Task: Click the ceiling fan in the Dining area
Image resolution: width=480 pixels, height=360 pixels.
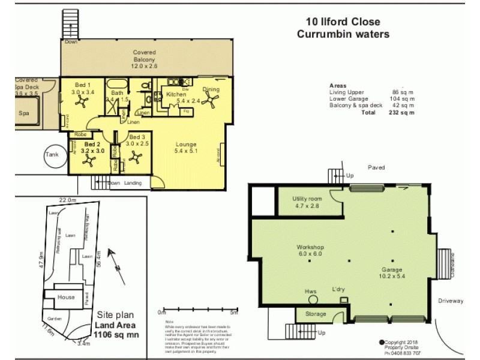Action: (212, 101)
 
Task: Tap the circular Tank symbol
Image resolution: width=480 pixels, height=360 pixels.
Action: (52, 154)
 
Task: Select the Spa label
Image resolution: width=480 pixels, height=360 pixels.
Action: (24, 113)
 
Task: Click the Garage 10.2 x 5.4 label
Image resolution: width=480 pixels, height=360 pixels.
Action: (391, 274)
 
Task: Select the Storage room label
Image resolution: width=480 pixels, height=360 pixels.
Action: (316, 314)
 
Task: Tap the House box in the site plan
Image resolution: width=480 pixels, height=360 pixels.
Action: (66, 297)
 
